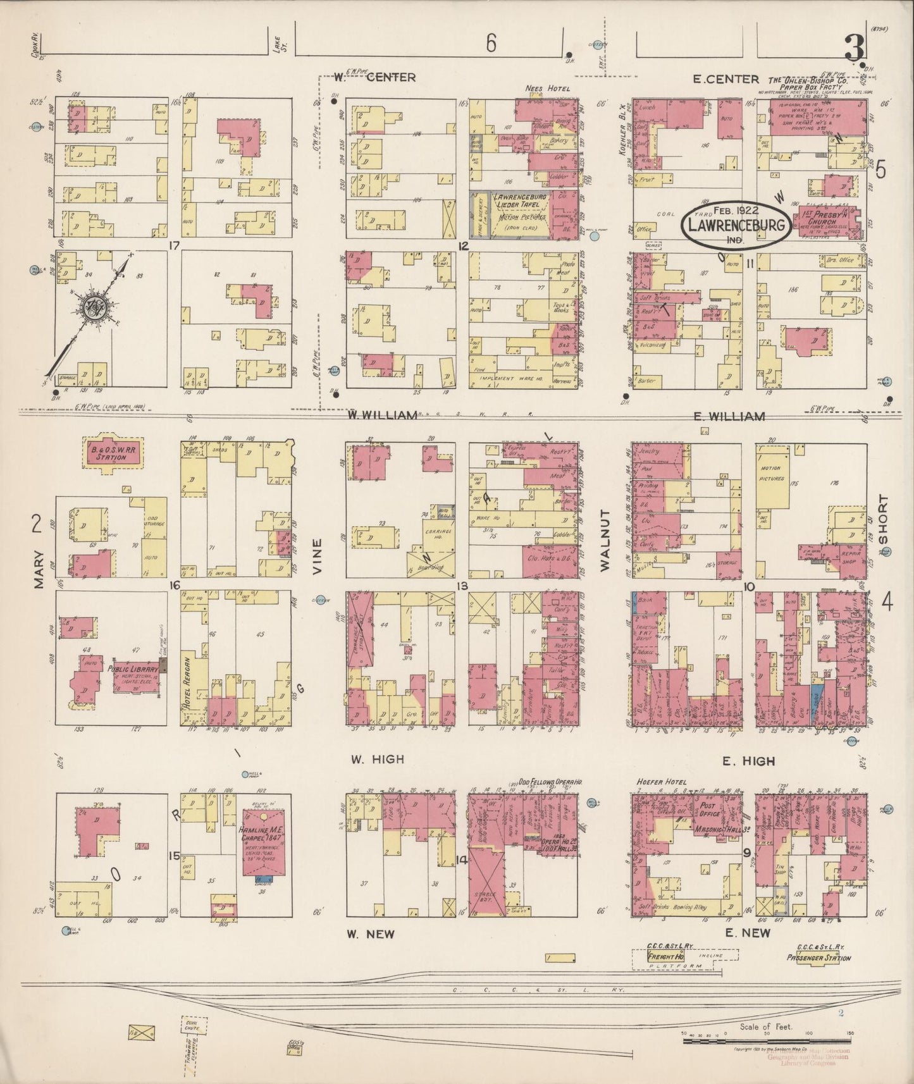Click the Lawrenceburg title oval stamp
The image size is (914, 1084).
(x=735, y=225)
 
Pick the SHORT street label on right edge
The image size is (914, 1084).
(x=884, y=519)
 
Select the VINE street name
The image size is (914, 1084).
(x=317, y=556)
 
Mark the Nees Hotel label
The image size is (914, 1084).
(x=547, y=89)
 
